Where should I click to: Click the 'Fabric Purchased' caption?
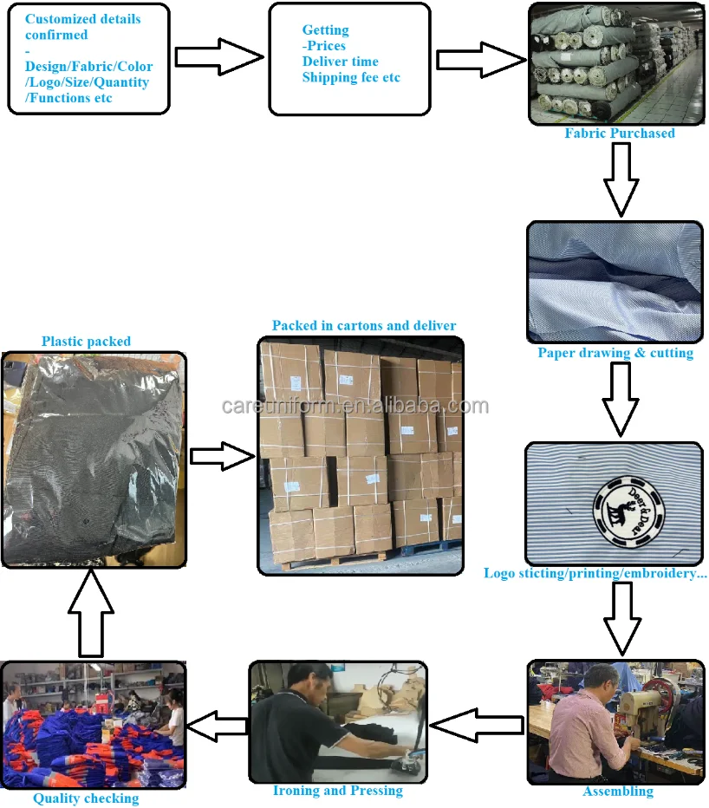click(620, 133)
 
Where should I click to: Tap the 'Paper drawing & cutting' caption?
click(615, 353)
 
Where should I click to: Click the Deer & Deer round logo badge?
click(628, 512)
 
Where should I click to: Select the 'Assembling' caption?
click(618, 792)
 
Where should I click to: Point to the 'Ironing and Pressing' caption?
click(337, 791)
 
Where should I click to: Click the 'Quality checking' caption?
click(86, 798)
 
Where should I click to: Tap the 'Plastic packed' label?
click(86, 342)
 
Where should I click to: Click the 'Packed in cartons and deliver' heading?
click(364, 326)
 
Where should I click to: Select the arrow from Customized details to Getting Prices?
click(219, 56)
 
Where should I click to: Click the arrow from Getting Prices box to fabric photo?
click(481, 61)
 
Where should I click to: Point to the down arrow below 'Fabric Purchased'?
click(621, 179)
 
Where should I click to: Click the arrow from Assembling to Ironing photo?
click(477, 726)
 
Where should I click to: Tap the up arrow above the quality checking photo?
click(91, 613)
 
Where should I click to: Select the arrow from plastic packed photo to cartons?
click(223, 456)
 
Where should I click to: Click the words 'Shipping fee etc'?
click(351, 77)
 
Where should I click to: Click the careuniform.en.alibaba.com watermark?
click(355, 406)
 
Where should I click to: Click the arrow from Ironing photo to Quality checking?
click(217, 726)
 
